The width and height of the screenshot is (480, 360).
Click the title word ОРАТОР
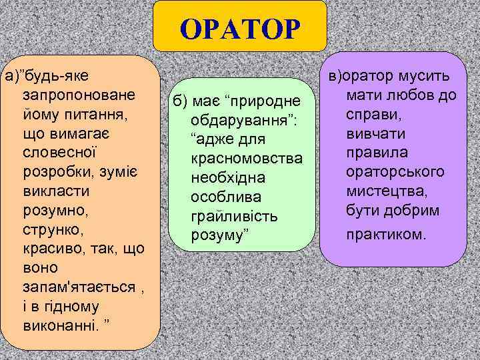click(x=240, y=29)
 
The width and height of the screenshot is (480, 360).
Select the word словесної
click(x=60, y=153)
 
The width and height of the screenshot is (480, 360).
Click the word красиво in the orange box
click(x=50, y=249)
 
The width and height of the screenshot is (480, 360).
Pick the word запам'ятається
click(x=73, y=287)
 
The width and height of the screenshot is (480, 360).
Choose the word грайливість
click(x=234, y=217)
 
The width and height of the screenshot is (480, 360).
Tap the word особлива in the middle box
click(x=224, y=198)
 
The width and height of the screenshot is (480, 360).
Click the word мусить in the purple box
click(x=425, y=76)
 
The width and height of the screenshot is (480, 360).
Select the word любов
click(x=416, y=95)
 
